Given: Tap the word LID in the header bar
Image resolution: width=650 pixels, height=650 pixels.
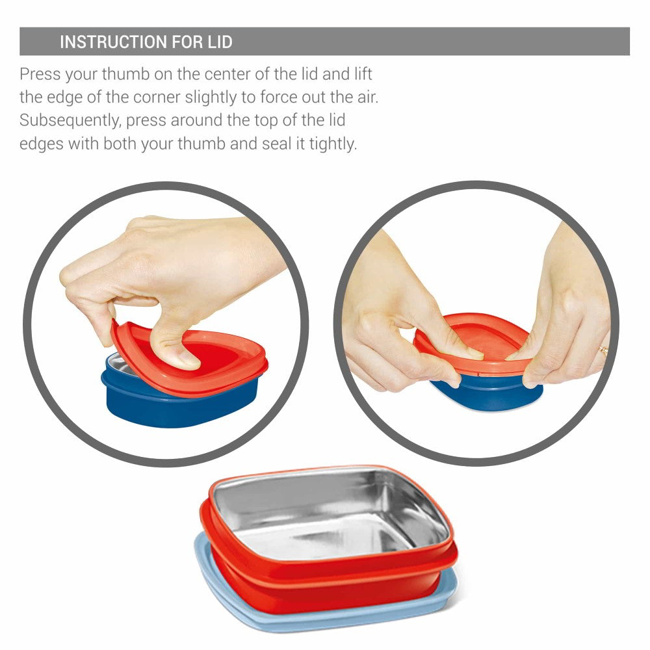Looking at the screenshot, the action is (220, 42).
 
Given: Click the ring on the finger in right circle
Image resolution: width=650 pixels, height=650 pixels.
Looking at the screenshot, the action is (603, 351).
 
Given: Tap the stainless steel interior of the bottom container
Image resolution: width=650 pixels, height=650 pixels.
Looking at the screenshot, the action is (331, 514).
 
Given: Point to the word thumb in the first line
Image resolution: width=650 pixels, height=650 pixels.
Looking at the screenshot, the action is (125, 74).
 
